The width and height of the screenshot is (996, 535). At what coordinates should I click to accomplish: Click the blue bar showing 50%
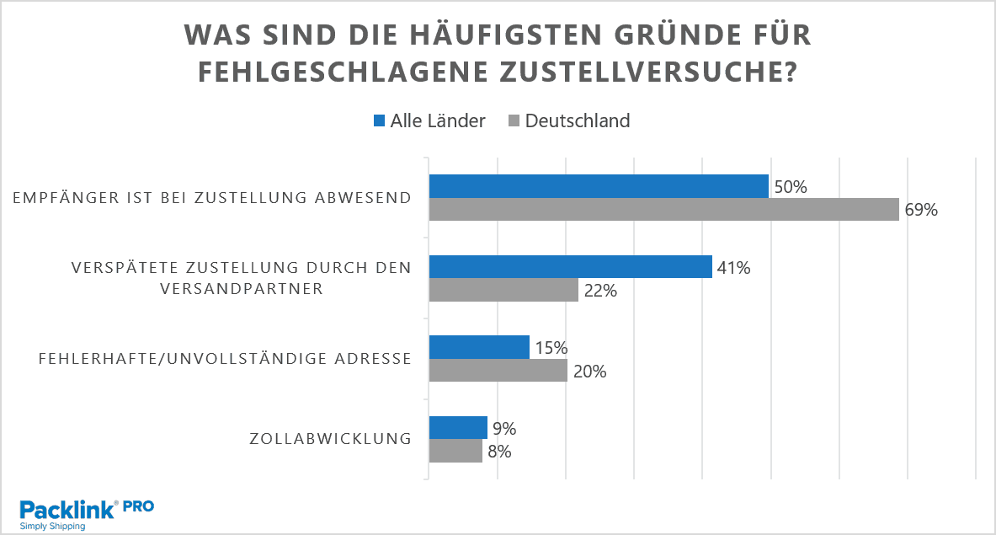[599, 186]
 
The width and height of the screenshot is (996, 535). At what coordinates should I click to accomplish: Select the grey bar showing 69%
[664, 209]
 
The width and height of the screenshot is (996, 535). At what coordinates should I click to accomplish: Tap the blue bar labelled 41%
[571, 267]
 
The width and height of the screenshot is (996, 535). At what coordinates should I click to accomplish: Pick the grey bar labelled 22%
[503, 290]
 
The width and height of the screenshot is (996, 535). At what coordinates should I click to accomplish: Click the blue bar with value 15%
[479, 347]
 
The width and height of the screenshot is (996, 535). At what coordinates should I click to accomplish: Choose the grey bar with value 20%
[498, 370]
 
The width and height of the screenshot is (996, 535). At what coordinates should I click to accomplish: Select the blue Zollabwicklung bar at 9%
[458, 427]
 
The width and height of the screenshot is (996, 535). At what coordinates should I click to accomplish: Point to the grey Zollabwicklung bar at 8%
[455, 451]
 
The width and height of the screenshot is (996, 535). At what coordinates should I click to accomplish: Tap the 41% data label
[733, 268]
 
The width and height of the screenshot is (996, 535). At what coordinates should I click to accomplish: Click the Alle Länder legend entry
[429, 120]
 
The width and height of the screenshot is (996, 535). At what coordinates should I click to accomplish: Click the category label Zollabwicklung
[330, 439]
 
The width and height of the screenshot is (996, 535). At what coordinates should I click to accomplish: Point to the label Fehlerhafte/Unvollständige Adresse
[225, 359]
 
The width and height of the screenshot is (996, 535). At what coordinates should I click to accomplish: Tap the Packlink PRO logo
[86, 513]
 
